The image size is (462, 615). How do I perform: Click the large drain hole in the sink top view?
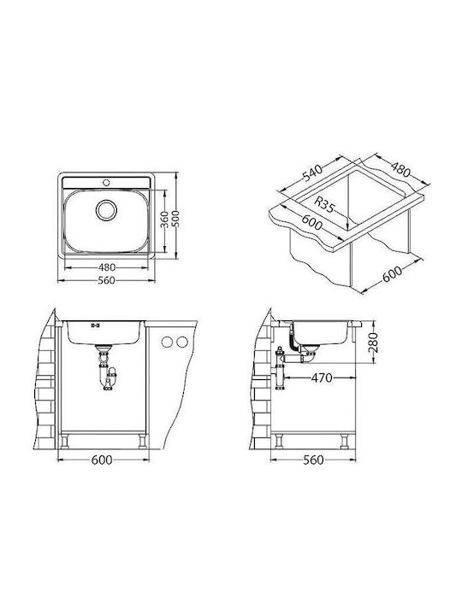pos(106,210)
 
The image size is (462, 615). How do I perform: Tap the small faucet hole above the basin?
pos(106,182)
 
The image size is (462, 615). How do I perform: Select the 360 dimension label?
pos(165,220)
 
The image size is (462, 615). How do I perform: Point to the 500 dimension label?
pos(175,219)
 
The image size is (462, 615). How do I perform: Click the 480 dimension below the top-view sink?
pos(106,267)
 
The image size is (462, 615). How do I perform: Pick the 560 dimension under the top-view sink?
pos(106,280)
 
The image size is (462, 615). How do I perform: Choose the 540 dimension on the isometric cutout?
pos(312,173)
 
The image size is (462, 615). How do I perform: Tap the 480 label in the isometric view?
pos(400,169)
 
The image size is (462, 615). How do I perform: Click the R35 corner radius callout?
pos(324,204)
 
